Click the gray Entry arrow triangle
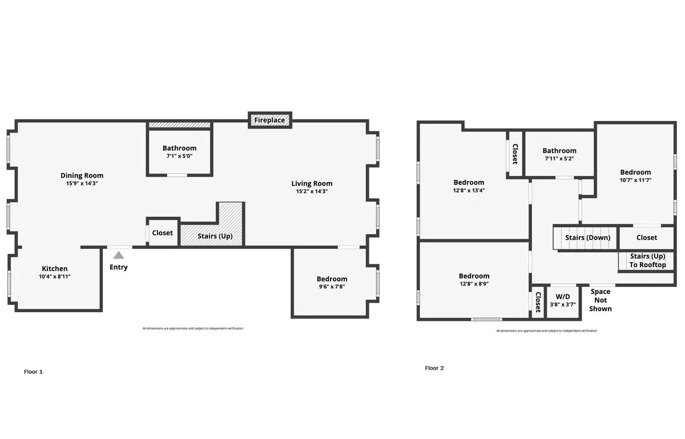click(x=118, y=256)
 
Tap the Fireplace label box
click(x=270, y=120)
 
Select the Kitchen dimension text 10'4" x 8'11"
click(x=55, y=276)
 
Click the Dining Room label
click(x=82, y=175)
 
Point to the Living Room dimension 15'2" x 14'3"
click(x=312, y=191)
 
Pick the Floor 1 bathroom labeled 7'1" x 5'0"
click(x=179, y=151)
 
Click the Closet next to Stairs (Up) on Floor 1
click(x=163, y=233)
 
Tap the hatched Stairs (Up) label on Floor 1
click(x=215, y=236)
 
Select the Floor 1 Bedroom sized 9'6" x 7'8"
click(x=332, y=283)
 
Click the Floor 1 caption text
click(x=33, y=372)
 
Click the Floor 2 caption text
click(x=434, y=368)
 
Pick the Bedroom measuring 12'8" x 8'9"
click(x=474, y=280)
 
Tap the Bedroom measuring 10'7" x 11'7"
click(x=635, y=176)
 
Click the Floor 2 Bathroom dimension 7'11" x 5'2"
click(x=559, y=159)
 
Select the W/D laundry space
click(x=563, y=300)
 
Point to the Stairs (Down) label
click(x=587, y=237)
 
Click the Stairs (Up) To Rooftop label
click(x=648, y=260)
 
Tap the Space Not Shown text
click(x=601, y=300)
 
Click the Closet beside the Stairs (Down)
click(x=647, y=237)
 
